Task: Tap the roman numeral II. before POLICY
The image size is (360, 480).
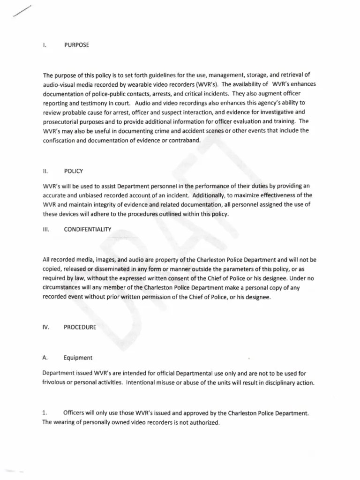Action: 45,172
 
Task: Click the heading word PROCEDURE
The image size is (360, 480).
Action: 80,327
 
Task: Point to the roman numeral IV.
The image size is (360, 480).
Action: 46,327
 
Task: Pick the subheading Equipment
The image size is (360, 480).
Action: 78,358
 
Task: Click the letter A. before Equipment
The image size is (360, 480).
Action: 45,358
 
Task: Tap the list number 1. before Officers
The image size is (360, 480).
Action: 45,413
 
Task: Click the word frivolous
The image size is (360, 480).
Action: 56,382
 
